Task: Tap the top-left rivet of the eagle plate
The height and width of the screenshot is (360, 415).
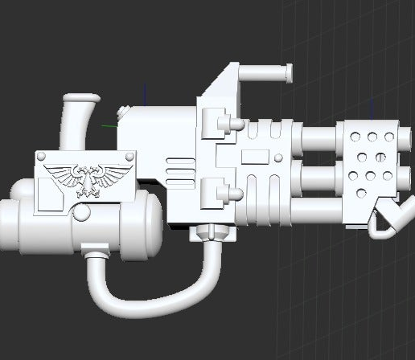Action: click(41, 156)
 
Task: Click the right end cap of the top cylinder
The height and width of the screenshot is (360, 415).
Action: click(286, 75)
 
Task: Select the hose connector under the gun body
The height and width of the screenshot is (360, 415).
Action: click(212, 234)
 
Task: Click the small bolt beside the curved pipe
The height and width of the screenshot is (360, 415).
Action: click(121, 113)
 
